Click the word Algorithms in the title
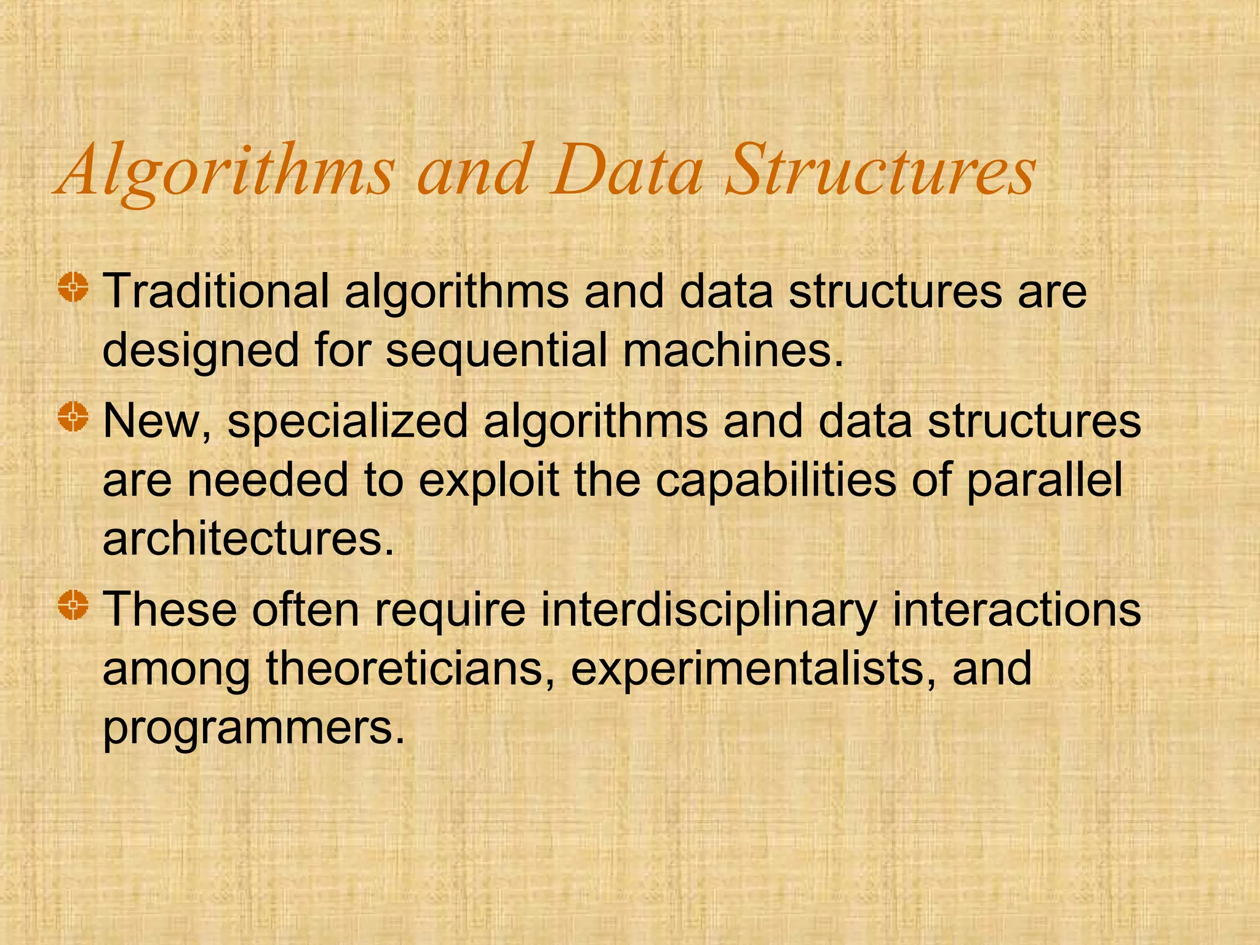coord(225,172)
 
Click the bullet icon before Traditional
coord(74,288)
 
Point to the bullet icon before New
coord(74,418)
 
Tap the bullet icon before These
coord(74,605)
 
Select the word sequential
coord(496,351)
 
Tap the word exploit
coord(489,480)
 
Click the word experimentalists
coord(748,669)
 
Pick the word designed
coord(201,351)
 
